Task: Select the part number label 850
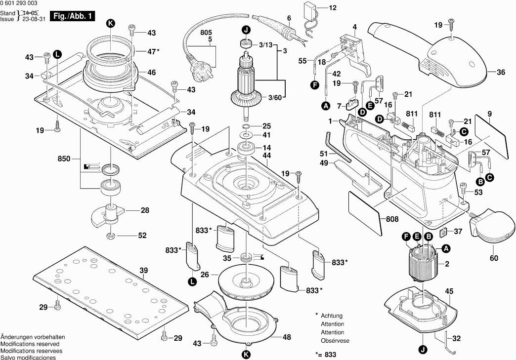[64, 159]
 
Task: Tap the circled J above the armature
[246, 29]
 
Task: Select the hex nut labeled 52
[111, 235]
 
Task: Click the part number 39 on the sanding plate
[144, 270]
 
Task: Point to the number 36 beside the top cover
[501, 73]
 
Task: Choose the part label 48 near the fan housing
[286, 337]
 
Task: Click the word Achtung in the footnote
[332, 316]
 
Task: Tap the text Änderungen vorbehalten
[32, 337]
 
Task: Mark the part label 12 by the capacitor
[332, 8]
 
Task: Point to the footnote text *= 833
[326, 355]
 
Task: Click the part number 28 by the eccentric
[144, 210]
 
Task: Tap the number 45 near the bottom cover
[449, 291]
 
